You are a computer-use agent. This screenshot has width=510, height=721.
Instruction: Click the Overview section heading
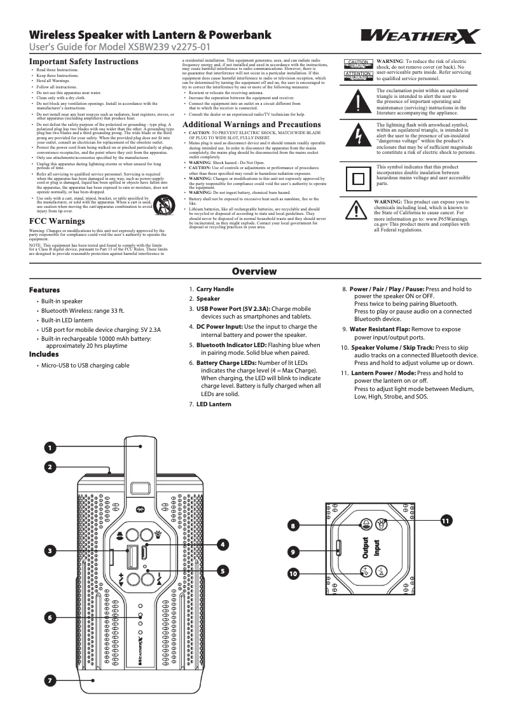254,271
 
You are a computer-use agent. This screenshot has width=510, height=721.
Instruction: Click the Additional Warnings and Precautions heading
251,124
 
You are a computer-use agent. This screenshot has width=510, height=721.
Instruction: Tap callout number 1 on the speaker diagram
49,448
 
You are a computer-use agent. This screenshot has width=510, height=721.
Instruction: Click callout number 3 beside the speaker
49,550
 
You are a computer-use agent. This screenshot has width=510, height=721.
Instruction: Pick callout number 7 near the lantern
49,680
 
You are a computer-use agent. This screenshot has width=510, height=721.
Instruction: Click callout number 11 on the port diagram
446,521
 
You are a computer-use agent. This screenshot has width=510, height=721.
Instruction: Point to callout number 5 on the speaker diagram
223,570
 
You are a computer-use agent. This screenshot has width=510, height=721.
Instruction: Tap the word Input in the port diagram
377,549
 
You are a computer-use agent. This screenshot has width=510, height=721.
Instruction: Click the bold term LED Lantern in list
214,404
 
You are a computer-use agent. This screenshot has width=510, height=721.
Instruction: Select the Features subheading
45,290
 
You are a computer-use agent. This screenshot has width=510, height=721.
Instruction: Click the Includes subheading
44,354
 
